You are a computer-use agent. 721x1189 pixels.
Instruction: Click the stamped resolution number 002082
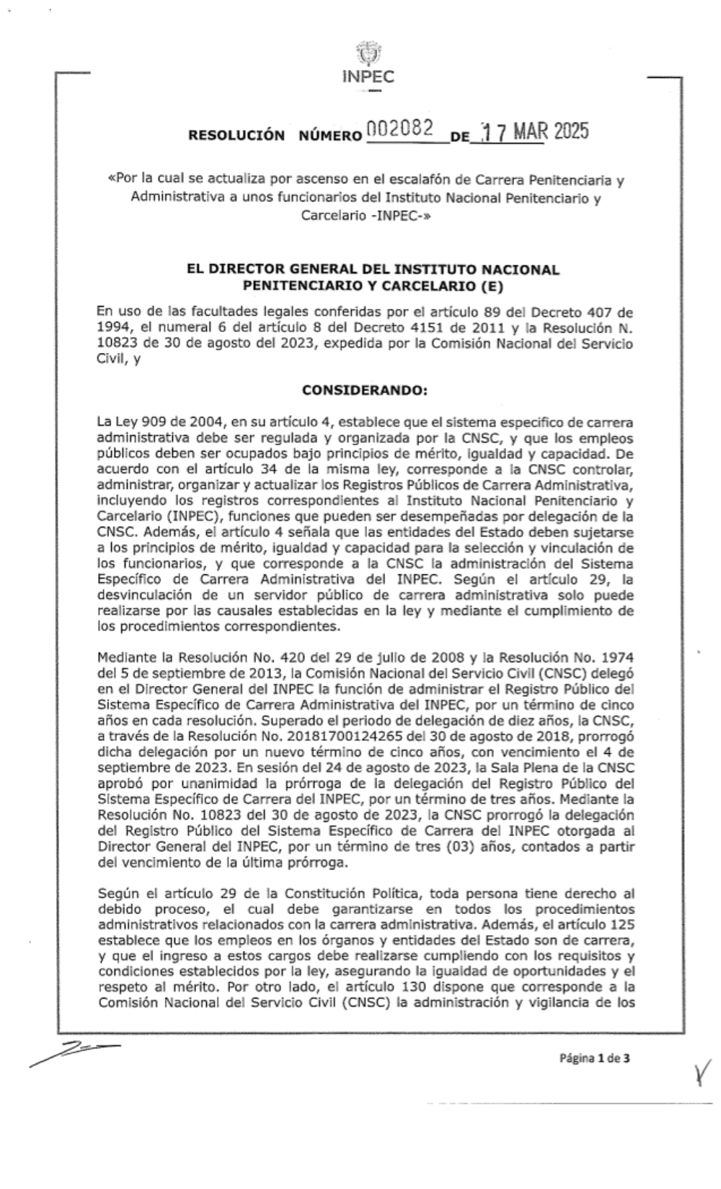click(399, 129)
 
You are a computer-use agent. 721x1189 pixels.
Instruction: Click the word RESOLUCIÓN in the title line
click(236, 135)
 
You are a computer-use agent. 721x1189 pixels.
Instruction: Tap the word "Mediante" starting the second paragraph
click(121, 659)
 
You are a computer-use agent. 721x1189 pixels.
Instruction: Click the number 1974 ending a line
click(619, 659)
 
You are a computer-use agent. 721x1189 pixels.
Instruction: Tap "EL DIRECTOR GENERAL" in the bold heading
click(254, 269)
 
